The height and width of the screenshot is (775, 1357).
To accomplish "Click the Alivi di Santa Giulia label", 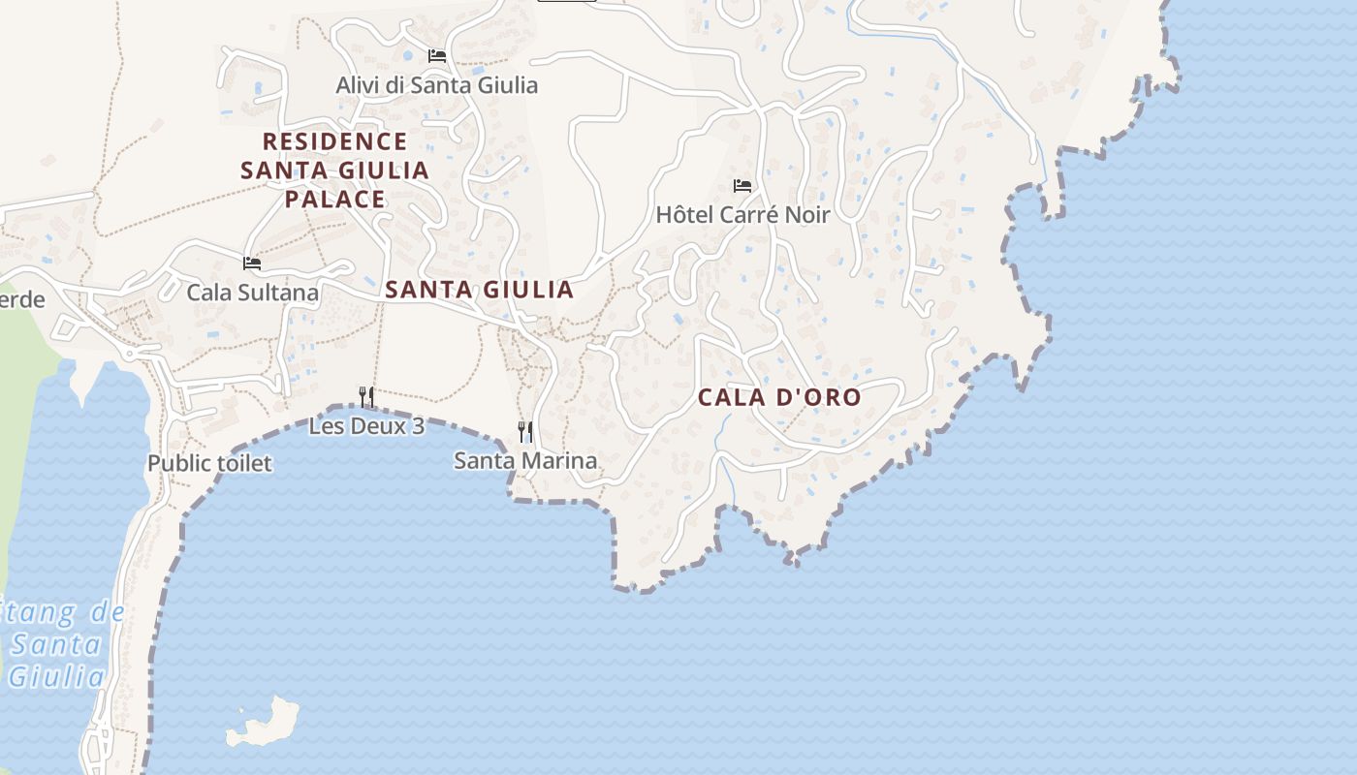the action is pos(436,85).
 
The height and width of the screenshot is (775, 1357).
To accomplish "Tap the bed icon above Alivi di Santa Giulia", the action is pos(437,56).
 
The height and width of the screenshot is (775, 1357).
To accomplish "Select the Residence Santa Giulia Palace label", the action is pos(334,170).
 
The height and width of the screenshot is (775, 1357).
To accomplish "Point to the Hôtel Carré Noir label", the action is pos(742,215).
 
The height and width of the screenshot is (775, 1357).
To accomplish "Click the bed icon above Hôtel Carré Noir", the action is pos(742,186).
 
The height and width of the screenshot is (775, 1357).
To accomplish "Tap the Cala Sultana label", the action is pos(252,292).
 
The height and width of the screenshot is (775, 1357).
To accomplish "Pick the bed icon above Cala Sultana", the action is pos(252,263).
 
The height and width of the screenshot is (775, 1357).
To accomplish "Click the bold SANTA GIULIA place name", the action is pos(480,290).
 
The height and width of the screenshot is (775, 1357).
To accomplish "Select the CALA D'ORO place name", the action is pos(779,397).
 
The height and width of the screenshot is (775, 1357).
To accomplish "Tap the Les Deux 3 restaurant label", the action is pos(366,426).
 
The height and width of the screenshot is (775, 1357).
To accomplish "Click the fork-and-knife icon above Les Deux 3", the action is pos(366,396).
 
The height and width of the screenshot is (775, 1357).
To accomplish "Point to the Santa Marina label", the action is pos(525,461).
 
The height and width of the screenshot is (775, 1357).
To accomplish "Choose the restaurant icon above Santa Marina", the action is pos(525,431).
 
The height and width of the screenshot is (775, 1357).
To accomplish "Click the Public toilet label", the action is pos(209,464).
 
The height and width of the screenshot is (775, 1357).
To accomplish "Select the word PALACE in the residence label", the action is pos(334,200).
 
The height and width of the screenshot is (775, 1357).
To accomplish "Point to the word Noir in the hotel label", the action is pos(807,215).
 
